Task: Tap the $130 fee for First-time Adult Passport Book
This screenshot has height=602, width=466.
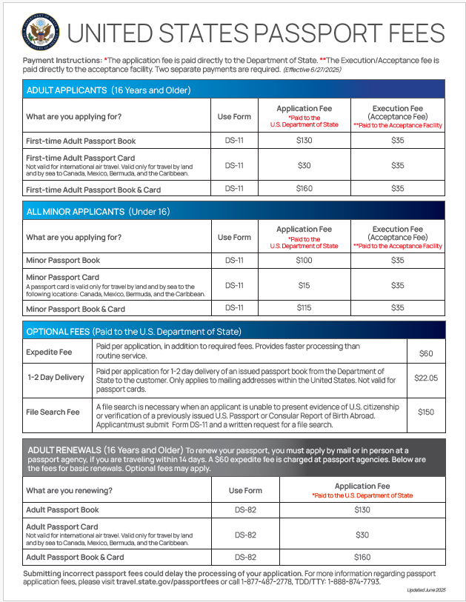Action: (x=304, y=141)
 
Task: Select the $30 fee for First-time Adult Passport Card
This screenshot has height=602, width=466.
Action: (x=304, y=165)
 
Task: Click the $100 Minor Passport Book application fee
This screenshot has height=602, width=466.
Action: (x=304, y=261)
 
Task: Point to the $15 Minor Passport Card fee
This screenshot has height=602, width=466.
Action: (x=304, y=285)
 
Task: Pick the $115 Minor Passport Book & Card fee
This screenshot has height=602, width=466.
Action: (x=304, y=308)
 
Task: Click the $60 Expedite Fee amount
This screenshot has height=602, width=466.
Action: (x=426, y=353)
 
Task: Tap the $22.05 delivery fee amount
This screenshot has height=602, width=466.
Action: (x=426, y=378)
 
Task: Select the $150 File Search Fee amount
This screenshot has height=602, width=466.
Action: (x=426, y=412)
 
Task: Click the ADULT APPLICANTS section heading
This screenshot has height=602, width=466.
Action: (x=108, y=90)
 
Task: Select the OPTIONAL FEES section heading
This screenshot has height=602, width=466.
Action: (x=133, y=331)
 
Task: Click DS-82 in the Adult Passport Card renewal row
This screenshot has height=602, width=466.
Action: (x=245, y=534)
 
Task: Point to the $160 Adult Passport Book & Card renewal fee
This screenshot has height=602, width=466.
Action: (x=362, y=557)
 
